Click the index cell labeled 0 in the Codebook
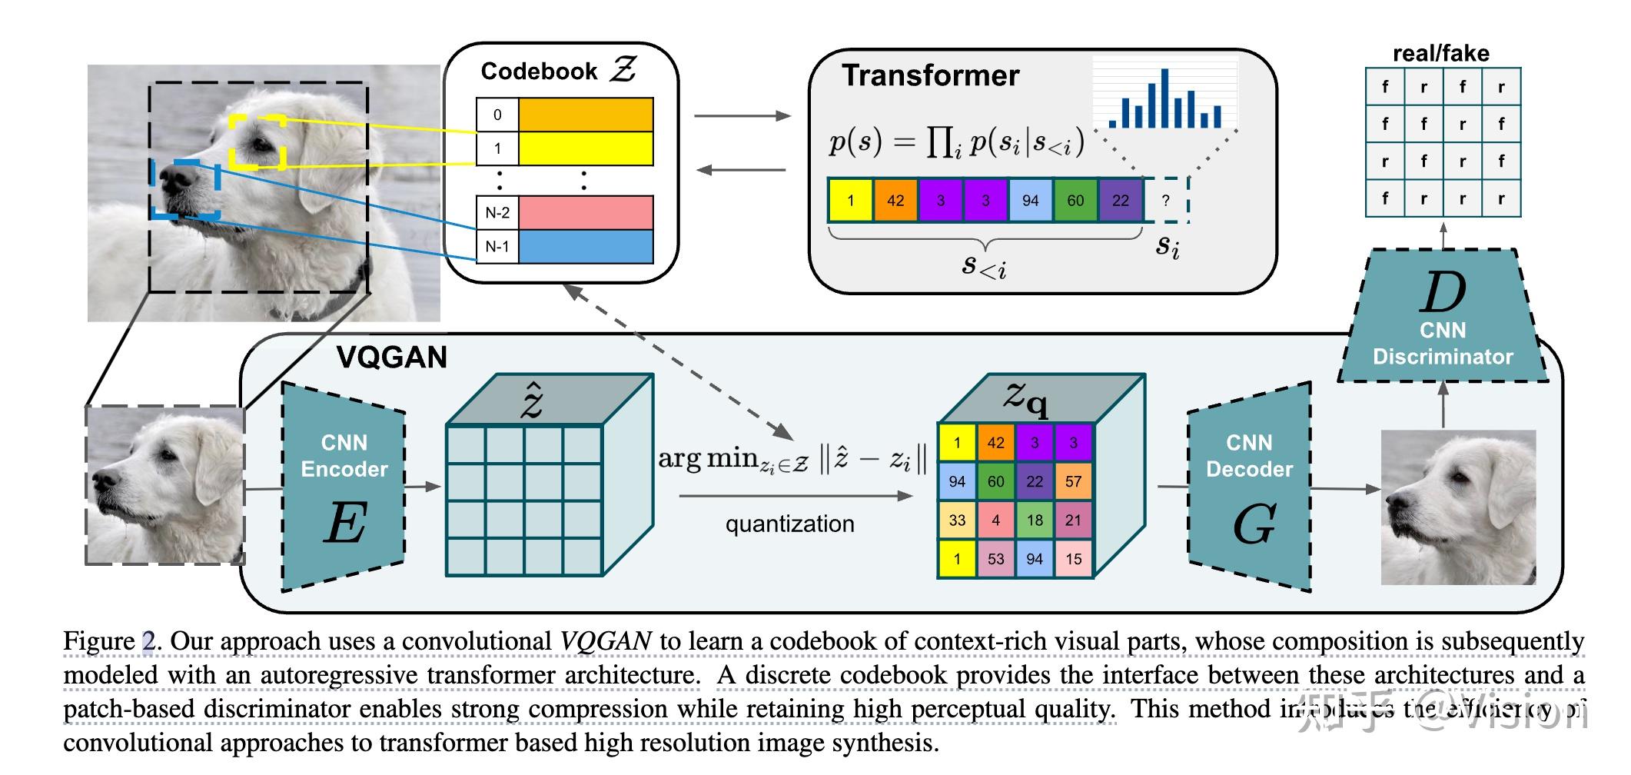pos(497,115)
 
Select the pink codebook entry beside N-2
pos(586,212)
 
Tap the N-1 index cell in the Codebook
pos(497,247)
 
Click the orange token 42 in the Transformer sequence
pos(895,201)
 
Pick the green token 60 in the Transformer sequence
pos(1075,201)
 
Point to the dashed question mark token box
pos(1166,201)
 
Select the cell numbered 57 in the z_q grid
pos(1074,482)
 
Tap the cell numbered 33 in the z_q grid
pos(957,521)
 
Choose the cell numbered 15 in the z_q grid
pos(1074,559)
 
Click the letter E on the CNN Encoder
pos(344,524)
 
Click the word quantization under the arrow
pos(789,524)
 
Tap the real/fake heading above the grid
pos(1440,53)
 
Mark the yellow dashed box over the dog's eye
pos(257,142)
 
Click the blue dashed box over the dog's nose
pos(187,189)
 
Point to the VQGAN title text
pos(391,358)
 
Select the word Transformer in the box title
pos(930,75)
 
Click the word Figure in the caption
pos(99,641)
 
